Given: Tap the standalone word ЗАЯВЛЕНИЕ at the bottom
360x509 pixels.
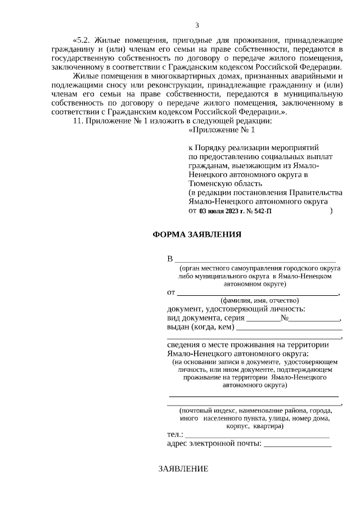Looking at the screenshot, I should point(183,469).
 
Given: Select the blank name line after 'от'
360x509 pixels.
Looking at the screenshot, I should point(258,292).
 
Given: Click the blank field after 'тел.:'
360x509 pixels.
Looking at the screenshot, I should point(257,435).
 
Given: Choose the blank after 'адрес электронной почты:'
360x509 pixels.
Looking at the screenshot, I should point(298,444).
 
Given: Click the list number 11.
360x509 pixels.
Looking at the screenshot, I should point(79,121).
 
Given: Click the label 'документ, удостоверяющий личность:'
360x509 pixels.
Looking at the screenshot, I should point(236,309).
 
